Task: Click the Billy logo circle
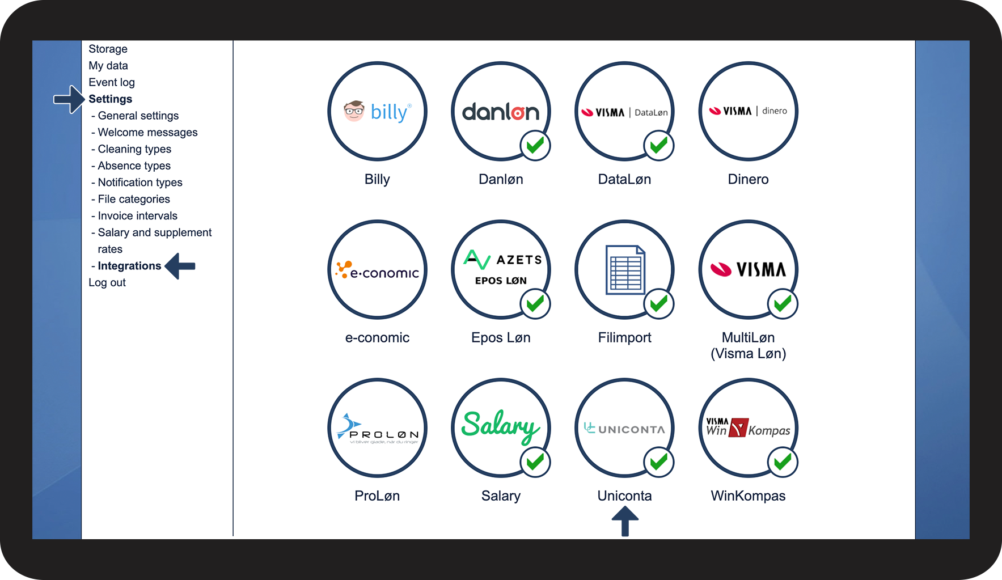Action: [x=377, y=111]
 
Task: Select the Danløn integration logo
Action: [x=500, y=111]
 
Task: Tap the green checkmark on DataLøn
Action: [x=658, y=146]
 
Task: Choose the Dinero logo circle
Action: [x=748, y=111]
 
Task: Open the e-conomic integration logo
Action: [x=377, y=270]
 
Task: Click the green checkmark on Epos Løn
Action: [x=535, y=304]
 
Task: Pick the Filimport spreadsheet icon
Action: [x=624, y=270]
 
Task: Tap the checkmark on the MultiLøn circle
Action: [x=782, y=304]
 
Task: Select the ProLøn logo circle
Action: [x=377, y=428]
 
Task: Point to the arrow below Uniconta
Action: [x=625, y=520]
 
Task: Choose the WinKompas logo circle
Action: [x=748, y=428]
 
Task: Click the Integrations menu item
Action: [x=129, y=266]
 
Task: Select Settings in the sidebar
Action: [x=110, y=99]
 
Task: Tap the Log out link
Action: [x=107, y=282]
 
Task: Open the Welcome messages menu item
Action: [x=147, y=132]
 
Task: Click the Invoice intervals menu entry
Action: [x=137, y=216]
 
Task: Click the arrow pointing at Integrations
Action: [x=180, y=266]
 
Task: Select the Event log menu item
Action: [x=112, y=82]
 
